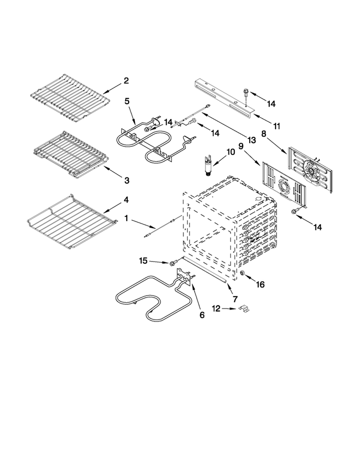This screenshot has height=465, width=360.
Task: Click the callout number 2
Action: [126, 81]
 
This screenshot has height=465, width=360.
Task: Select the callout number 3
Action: [127, 180]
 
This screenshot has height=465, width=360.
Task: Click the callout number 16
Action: [260, 284]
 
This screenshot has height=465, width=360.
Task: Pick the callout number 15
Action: [143, 261]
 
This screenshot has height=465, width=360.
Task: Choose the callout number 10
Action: [230, 152]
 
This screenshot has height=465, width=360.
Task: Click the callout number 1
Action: [126, 218]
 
